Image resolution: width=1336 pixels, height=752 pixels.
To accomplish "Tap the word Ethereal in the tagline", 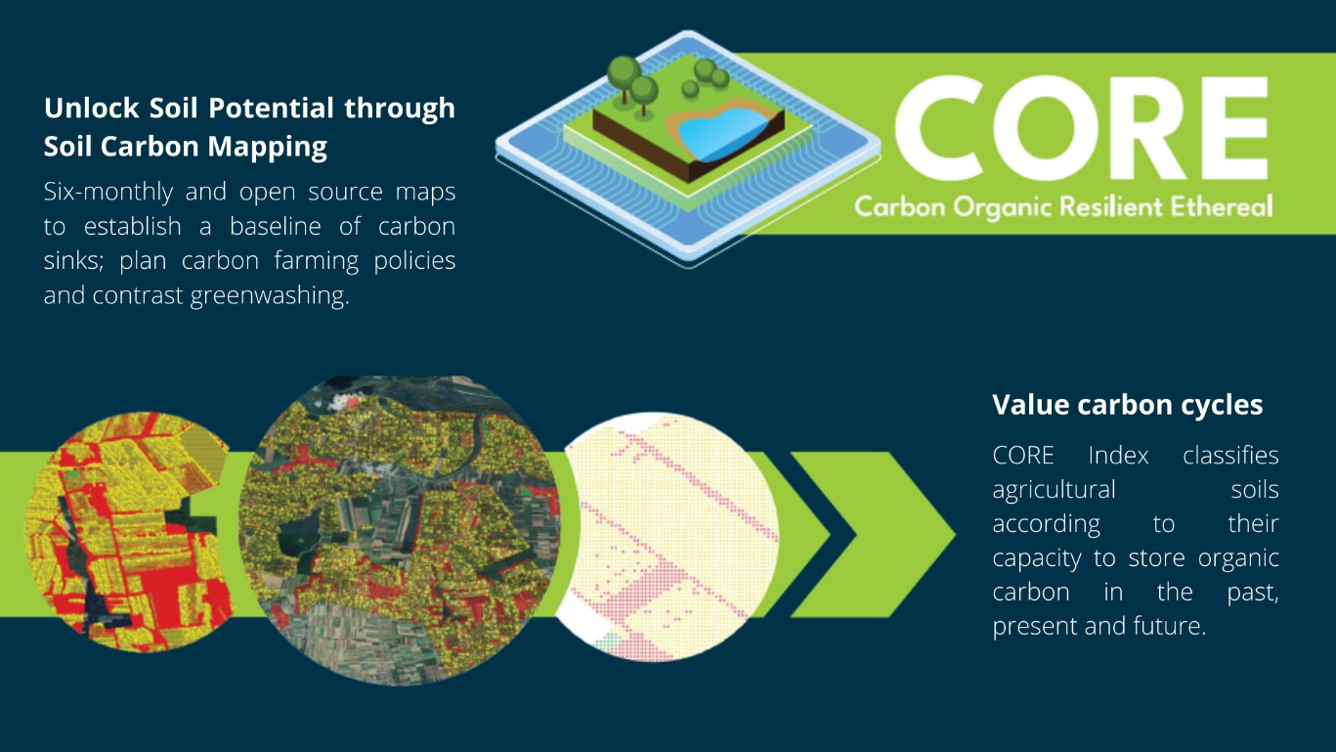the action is pyautogui.click(x=1221, y=206).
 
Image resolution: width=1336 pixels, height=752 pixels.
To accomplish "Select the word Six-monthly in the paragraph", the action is pyautogui.click(x=108, y=193).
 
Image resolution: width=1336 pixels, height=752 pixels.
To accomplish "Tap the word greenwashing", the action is pyautogui.click(x=269, y=296).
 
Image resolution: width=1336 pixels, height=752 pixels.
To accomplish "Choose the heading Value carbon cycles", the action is pyautogui.click(x=1127, y=405).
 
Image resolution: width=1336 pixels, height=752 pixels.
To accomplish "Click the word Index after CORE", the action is pyautogui.click(x=1118, y=456).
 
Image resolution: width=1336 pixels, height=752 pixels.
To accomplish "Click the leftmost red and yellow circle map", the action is pyautogui.click(x=127, y=531).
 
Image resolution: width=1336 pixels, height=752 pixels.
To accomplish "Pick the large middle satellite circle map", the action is pyautogui.click(x=399, y=530).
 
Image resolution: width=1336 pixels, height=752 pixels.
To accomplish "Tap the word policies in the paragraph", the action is pyautogui.click(x=414, y=261).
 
